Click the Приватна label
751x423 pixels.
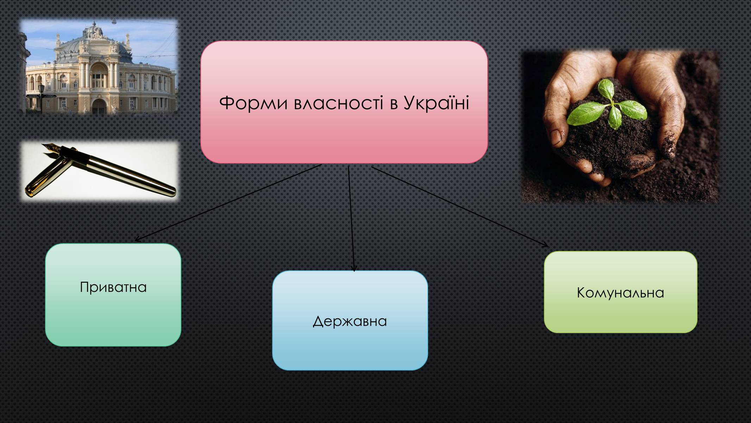pos(113,287)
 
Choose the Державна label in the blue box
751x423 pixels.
pos(350,321)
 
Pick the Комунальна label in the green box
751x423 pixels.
pos(620,293)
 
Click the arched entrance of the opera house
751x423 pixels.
pos(99,106)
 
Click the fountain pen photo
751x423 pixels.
pos(100,171)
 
